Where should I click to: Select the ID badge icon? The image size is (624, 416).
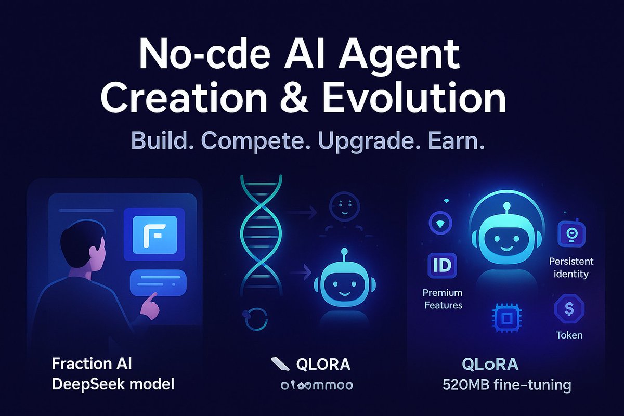441,266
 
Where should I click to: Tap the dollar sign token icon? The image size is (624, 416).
569,309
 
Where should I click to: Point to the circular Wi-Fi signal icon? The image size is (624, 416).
441,224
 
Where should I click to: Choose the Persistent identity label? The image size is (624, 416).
571,267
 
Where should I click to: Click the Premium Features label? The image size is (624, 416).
443,299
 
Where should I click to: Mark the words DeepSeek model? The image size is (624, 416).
113,385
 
